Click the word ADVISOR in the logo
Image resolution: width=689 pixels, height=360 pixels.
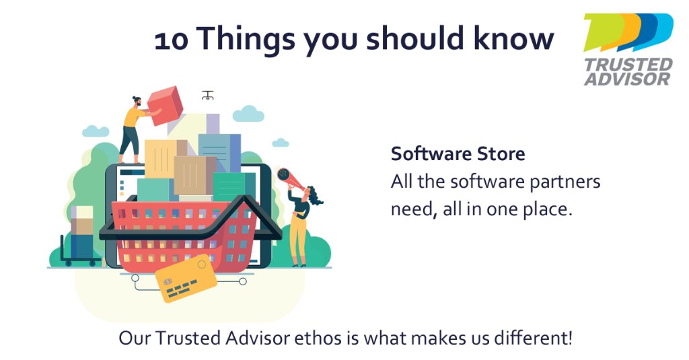point(626,79)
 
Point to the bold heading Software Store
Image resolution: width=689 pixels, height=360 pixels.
point(458,154)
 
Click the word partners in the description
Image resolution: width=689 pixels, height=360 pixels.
point(568,182)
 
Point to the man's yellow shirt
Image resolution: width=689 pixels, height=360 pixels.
point(133,118)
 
